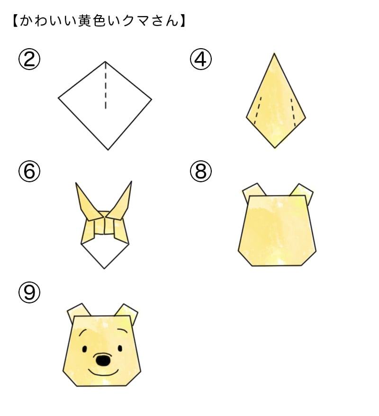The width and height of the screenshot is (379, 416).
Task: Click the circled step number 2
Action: tap(29, 60)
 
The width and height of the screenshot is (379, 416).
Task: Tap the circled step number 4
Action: tap(201, 60)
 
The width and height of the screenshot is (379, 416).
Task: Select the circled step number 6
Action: tap(29, 171)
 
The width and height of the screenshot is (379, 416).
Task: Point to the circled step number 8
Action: tap(201, 171)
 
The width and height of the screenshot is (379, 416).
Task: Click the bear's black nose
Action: tap(103, 360)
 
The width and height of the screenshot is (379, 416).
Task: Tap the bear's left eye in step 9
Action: tap(85, 349)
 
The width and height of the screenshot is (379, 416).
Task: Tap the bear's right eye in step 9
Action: tap(120, 348)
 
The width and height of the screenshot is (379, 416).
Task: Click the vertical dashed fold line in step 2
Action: tap(106, 86)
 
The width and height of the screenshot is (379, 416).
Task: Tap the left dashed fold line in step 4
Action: tap(258, 111)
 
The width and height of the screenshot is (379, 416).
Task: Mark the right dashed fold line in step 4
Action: tap(293, 113)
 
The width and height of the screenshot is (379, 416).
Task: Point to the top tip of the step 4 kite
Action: tap(274, 53)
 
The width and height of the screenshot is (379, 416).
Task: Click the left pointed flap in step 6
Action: tap(86, 203)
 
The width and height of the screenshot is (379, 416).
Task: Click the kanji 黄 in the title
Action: tap(85, 20)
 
